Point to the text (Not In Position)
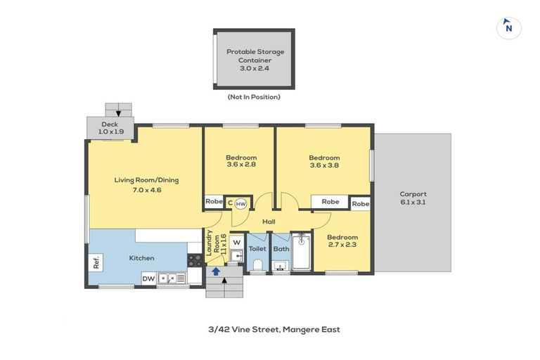pos(254,96)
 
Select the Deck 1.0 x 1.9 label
pos(110,127)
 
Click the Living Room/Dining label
pos(147,184)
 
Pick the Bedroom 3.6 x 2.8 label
pos(241,161)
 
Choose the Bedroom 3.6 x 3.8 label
pos(324,162)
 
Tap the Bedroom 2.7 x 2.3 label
pos(342,241)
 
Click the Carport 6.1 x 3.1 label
pos(413,198)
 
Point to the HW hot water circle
pos(240,204)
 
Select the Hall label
pos(269,221)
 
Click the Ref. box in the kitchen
pos(96,262)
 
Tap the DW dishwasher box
pos(148,278)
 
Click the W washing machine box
pos(236,243)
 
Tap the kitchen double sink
pos(171,278)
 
